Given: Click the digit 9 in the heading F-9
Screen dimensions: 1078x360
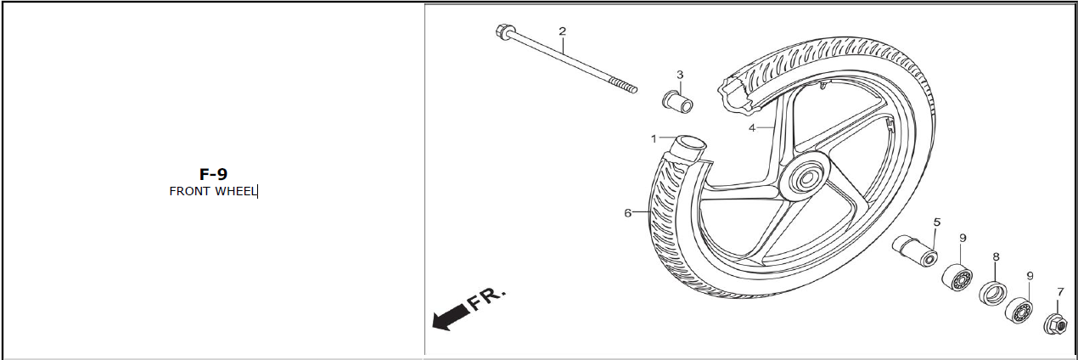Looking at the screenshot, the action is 222,174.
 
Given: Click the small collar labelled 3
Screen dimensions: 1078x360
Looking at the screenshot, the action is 678,101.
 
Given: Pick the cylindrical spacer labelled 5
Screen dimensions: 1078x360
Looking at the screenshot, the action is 914,250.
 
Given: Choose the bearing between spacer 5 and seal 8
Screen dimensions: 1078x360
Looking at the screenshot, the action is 957,278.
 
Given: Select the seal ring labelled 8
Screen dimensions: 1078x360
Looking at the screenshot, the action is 993,291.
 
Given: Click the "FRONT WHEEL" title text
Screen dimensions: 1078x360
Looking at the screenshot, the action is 212,191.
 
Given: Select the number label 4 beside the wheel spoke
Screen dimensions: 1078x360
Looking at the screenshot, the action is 752,128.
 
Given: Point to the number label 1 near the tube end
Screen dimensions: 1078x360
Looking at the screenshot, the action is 654,139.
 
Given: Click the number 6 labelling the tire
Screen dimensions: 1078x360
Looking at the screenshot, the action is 627,213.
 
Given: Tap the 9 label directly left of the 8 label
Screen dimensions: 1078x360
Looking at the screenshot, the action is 963,238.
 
